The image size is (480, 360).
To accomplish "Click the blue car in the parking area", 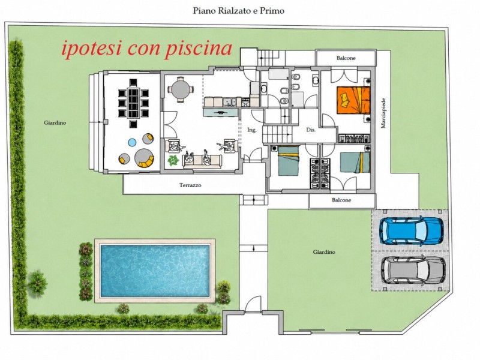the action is (x=412, y=231).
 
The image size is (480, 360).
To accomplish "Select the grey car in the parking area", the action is (x=413, y=269).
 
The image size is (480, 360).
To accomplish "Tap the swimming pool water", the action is (x=155, y=271).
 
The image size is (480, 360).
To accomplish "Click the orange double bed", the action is (x=353, y=100).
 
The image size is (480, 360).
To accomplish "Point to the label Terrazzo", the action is (x=190, y=185).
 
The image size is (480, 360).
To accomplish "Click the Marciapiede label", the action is (x=383, y=113).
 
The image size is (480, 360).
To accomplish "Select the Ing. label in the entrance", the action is (x=251, y=130).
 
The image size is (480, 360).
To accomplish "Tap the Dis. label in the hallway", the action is (x=311, y=130).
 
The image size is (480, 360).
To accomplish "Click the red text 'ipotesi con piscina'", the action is (x=146, y=49).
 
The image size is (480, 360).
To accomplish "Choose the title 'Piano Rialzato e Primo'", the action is (x=238, y=11).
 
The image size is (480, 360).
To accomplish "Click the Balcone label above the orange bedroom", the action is (x=346, y=58).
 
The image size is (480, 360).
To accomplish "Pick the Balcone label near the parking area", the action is (x=341, y=200).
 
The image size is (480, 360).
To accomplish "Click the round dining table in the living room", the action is (x=181, y=89).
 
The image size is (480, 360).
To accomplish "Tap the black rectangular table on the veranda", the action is (x=133, y=103).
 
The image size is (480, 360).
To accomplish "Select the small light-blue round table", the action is (x=132, y=142).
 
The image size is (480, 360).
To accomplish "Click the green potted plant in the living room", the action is (x=173, y=160).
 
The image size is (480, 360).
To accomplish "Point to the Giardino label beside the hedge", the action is (x=55, y=123).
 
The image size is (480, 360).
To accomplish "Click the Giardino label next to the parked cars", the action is (x=324, y=252).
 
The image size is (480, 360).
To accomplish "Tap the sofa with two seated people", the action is (x=202, y=160).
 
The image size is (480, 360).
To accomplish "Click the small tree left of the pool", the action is (x=37, y=283).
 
